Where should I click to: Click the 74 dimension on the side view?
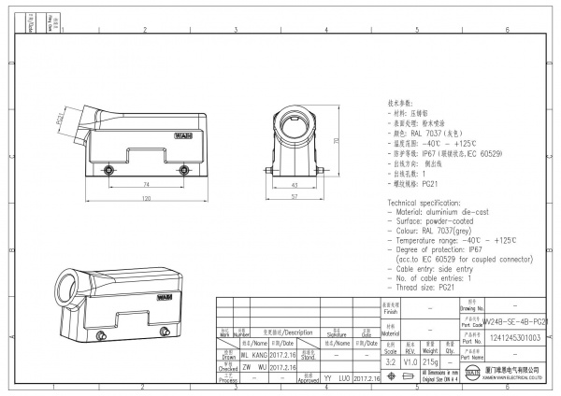[146, 186]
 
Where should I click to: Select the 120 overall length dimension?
[146, 199]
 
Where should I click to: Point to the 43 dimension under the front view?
[294, 186]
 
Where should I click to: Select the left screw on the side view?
[109, 170]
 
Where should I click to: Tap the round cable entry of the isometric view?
[70, 283]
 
